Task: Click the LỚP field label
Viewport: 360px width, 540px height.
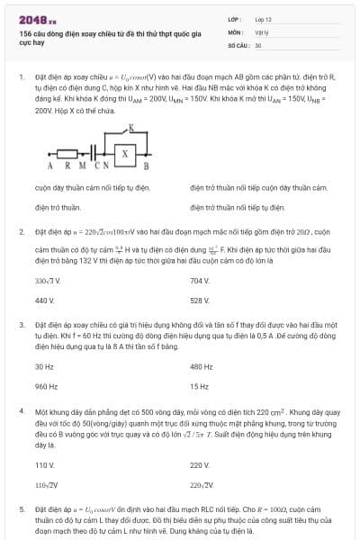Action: (x=234, y=18)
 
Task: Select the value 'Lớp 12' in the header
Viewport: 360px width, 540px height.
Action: (x=263, y=18)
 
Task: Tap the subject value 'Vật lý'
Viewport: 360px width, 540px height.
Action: (x=261, y=31)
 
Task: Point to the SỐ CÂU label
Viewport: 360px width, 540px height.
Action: (x=238, y=44)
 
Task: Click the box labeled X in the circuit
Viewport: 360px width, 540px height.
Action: (x=125, y=154)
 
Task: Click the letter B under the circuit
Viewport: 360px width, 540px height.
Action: (x=146, y=167)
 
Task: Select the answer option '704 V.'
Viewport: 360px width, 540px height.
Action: (x=199, y=281)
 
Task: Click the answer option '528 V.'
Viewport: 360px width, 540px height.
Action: (x=199, y=300)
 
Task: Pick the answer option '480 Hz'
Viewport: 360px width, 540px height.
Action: (x=201, y=366)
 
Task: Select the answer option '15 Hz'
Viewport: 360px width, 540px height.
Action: (x=199, y=385)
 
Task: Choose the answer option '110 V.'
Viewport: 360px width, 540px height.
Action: (x=44, y=465)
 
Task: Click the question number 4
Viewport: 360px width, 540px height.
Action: (x=22, y=410)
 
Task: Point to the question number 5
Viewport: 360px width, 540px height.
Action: (x=22, y=508)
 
